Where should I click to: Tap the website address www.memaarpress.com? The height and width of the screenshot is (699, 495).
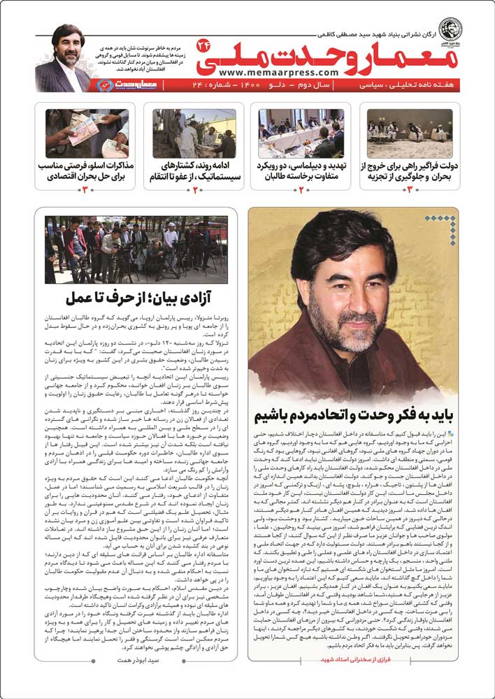tap(268, 72)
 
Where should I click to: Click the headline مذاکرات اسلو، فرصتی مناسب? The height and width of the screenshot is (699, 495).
tap(87, 172)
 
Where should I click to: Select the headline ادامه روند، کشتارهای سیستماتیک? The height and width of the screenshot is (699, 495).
tap(194, 172)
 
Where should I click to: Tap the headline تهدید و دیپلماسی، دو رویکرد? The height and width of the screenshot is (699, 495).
tap(301, 172)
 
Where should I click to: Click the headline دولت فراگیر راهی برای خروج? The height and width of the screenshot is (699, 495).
tap(410, 172)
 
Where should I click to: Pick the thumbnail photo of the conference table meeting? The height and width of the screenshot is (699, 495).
tap(301, 133)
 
